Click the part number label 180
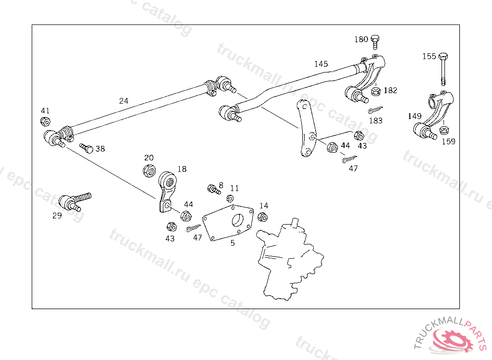[361, 39]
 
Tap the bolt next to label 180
[376, 42]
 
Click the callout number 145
[321, 64]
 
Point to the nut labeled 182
[376, 91]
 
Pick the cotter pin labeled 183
[375, 110]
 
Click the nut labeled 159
[444, 130]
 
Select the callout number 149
[414, 116]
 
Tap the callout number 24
[124, 101]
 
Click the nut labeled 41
[45, 121]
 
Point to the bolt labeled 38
[86, 147]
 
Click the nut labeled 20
[149, 169]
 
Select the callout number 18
[182, 169]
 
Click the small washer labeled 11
[230, 199]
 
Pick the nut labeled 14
[262, 216]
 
